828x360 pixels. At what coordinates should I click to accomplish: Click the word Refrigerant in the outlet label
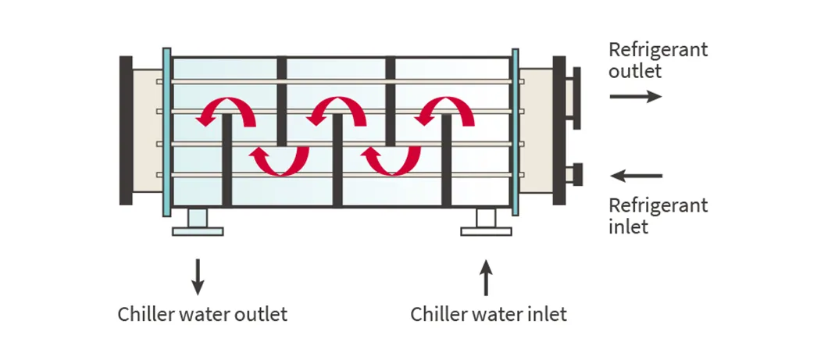[x=658, y=50]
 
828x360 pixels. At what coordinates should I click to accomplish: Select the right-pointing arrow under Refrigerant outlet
[x=635, y=96]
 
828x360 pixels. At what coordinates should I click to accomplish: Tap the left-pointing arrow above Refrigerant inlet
[x=635, y=176]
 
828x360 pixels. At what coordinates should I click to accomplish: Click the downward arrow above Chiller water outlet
[x=198, y=275]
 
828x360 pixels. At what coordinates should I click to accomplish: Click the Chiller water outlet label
[x=202, y=315]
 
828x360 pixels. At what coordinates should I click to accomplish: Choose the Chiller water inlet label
[x=488, y=315]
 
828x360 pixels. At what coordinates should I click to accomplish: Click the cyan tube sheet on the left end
[x=166, y=131]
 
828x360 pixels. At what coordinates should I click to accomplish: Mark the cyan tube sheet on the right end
[x=515, y=131]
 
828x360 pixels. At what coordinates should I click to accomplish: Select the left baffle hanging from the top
[x=282, y=102]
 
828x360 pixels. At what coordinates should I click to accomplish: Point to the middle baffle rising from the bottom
[x=337, y=160]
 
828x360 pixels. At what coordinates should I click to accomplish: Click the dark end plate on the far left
[x=126, y=130]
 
